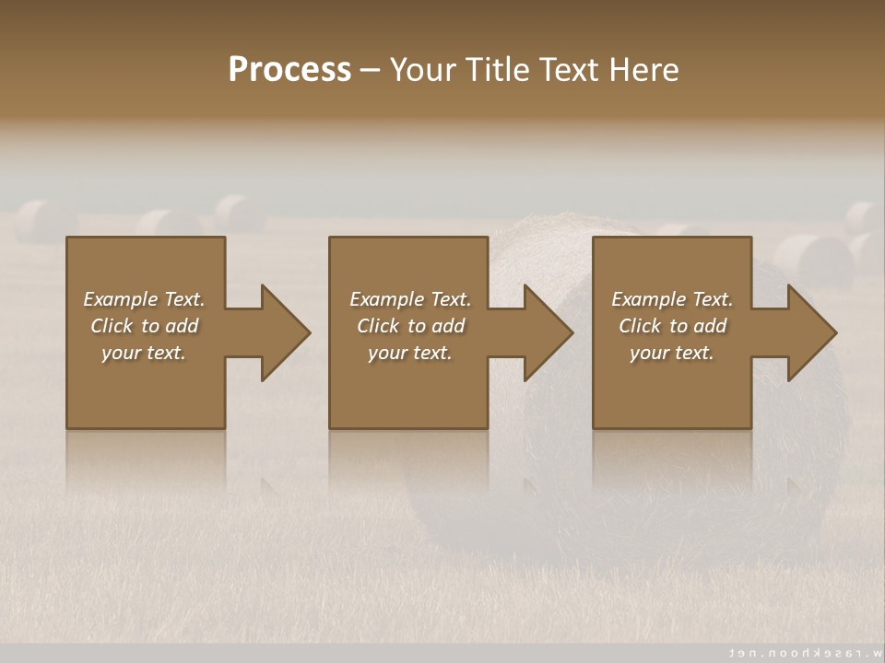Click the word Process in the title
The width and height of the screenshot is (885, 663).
289,69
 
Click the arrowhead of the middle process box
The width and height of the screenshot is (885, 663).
547,332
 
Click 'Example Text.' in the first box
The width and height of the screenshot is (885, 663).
144,299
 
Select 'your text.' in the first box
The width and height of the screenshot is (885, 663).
144,353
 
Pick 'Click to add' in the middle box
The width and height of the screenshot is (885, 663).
410,326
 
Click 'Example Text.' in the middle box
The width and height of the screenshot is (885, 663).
410,299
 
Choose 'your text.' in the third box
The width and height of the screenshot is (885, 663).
672,353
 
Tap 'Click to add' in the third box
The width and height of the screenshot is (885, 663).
672,326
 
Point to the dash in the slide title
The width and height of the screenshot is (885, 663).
371,70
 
